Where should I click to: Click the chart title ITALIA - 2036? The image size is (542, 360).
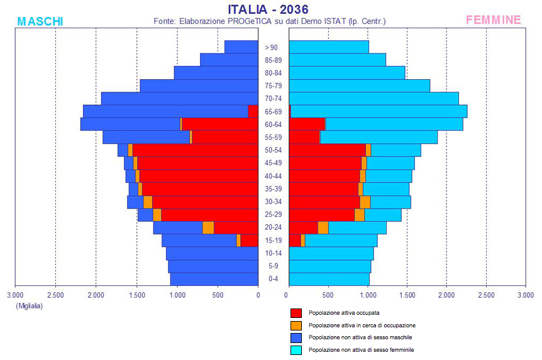coord(268,9)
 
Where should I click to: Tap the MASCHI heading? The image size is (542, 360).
coord(40,21)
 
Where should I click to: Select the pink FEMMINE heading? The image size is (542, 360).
coord(493,20)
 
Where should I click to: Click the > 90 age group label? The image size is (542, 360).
coord(272,47)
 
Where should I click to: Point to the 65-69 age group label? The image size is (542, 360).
coord(273,112)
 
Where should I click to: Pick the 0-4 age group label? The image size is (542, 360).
coord(273,279)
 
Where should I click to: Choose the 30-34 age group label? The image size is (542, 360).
coord(273,202)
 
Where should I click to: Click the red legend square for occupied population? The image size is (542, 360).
coord(296,313)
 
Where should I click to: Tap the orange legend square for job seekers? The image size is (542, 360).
coord(296,325)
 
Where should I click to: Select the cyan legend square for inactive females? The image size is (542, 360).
coord(296,350)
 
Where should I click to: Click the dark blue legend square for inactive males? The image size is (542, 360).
coord(296,337)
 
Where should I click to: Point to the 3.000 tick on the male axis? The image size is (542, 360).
coord(15,294)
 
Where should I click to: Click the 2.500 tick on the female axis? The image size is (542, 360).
coord(486,294)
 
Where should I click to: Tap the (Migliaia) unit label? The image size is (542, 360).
coord(29,305)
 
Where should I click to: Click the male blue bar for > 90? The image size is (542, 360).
coord(241,47)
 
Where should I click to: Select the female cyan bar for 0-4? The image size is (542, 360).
coord(329,279)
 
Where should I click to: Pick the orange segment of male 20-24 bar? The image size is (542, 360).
coord(208,227)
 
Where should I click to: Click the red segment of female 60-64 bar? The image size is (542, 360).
coord(307,124)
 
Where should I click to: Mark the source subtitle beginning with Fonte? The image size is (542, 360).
coord(269,21)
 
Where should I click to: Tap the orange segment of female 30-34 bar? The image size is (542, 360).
coord(365,202)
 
